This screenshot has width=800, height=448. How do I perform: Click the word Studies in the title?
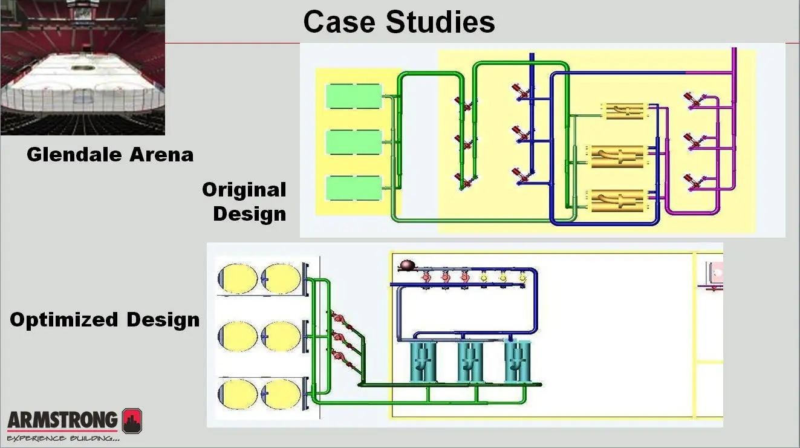pyautogui.click(x=440, y=22)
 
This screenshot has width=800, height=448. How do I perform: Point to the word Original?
pyautogui.click(x=244, y=190)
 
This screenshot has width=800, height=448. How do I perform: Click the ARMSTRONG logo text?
pyautogui.click(x=63, y=420)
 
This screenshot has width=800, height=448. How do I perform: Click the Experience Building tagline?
pyautogui.click(x=63, y=437)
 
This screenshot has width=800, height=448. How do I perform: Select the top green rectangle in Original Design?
pyautogui.click(x=354, y=97)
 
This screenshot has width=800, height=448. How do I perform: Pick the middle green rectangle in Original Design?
pyautogui.click(x=354, y=143)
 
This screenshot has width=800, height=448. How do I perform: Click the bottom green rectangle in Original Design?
pyautogui.click(x=354, y=188)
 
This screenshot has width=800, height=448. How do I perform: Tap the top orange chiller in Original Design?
pyautogui.click(x=626, y=111)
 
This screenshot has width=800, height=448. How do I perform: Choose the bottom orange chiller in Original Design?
pyautogui.click(x=617, y=200)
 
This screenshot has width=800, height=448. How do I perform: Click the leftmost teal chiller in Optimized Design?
pyautogui.click(x=423, y=362)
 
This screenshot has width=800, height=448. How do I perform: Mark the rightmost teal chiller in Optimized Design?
pyautogui.click(x=517, y=362)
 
